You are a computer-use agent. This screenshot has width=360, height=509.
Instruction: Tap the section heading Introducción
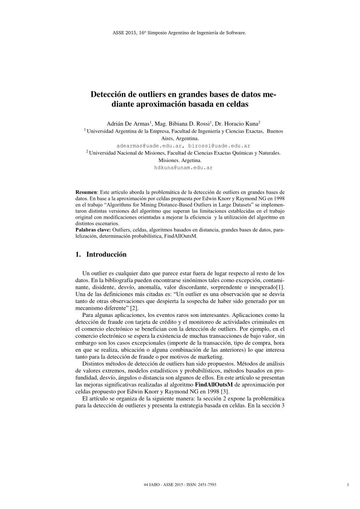pos(106,254)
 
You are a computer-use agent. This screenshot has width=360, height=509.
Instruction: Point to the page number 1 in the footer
pos(348,484)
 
